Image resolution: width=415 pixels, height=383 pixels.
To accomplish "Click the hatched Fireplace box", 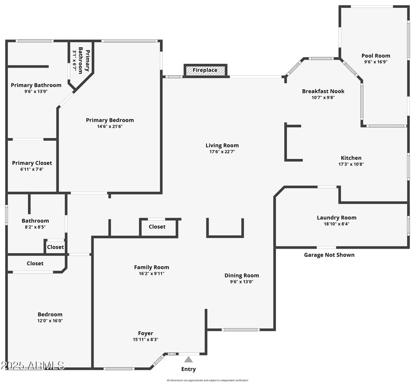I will coord(205,70).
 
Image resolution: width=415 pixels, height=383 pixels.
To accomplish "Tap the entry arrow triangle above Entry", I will coord(189,359).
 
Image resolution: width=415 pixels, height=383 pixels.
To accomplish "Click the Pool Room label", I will coord(376,56).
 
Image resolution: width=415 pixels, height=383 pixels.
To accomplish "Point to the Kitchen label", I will coord(351,158).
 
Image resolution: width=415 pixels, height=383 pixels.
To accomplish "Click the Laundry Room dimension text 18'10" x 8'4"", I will coord(337,224).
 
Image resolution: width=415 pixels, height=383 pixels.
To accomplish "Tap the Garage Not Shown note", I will coord(329,255).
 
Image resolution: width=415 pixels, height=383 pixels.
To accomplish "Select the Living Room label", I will coord(222,146).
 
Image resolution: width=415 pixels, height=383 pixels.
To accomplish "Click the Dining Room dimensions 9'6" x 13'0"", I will coord(242,282).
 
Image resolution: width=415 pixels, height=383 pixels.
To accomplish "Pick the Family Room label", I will coord(151,267).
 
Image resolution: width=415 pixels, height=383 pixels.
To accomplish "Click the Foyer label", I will coord(145,333).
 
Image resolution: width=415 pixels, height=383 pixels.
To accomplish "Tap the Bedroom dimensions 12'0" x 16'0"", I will coord(50,321).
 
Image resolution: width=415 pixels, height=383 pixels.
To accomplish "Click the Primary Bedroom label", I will coord(110,120).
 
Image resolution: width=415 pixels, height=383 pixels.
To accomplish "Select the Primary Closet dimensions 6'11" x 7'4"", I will coord(32,169).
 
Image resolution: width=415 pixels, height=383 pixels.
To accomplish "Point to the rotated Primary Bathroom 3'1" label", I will coord(81,61).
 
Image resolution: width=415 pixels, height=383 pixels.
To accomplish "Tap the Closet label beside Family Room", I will coord(157,227).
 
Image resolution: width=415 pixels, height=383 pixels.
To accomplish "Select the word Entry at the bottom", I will coord(189,370).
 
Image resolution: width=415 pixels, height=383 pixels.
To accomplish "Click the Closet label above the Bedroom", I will coord(35,264).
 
